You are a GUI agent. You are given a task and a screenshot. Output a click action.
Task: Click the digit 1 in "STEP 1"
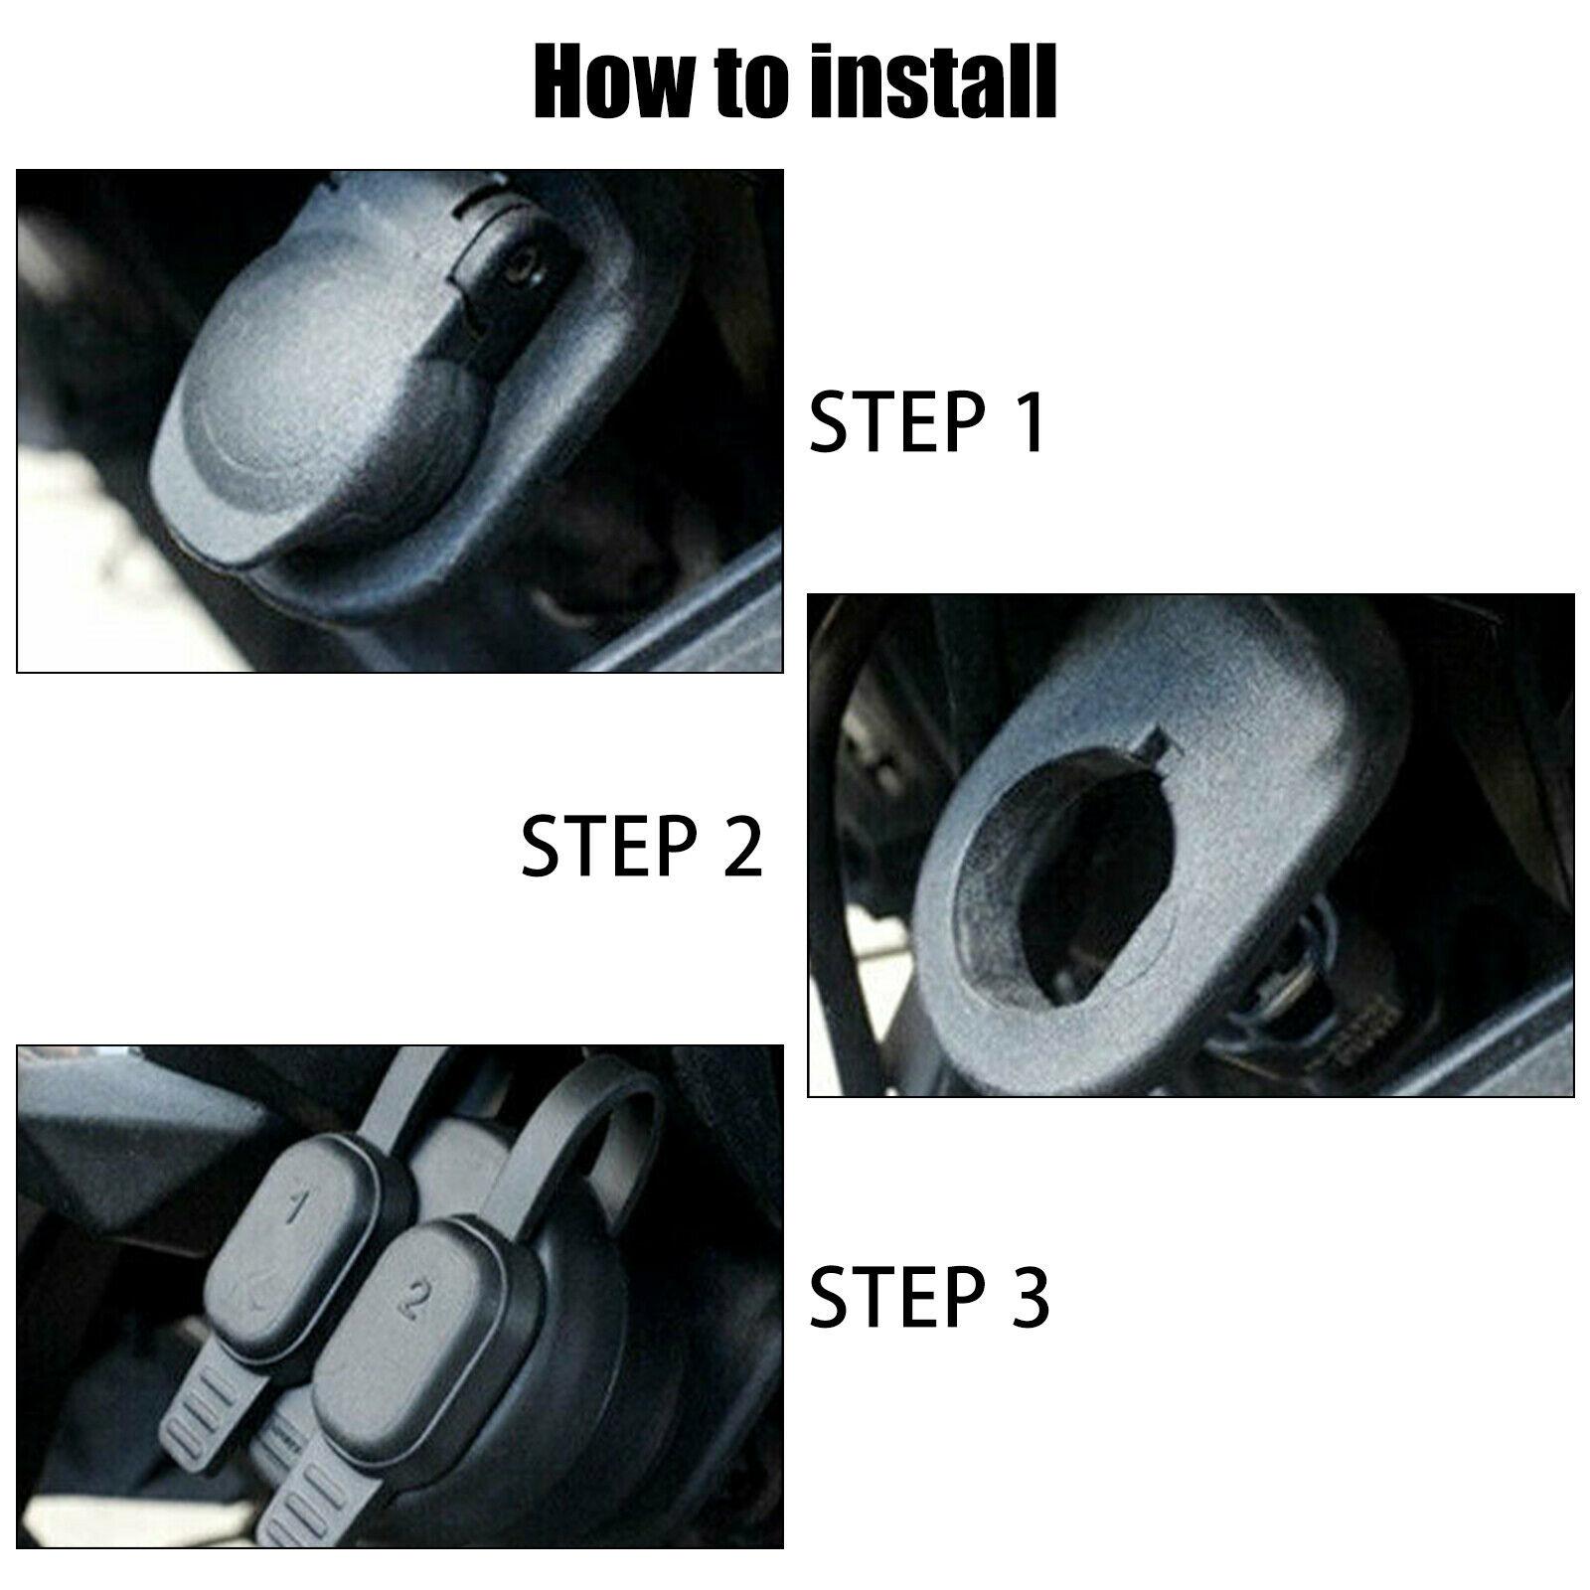coord(1029,421)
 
